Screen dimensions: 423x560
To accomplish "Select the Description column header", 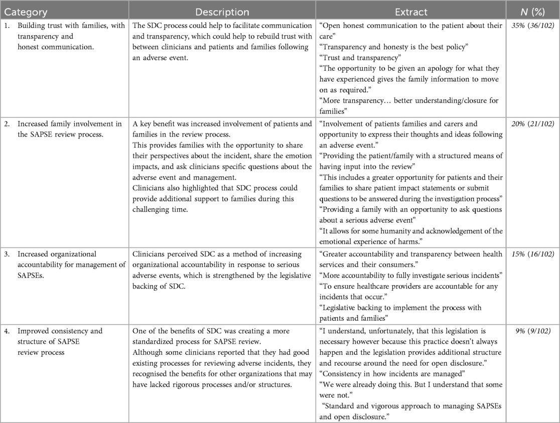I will (x=222, y=12).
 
